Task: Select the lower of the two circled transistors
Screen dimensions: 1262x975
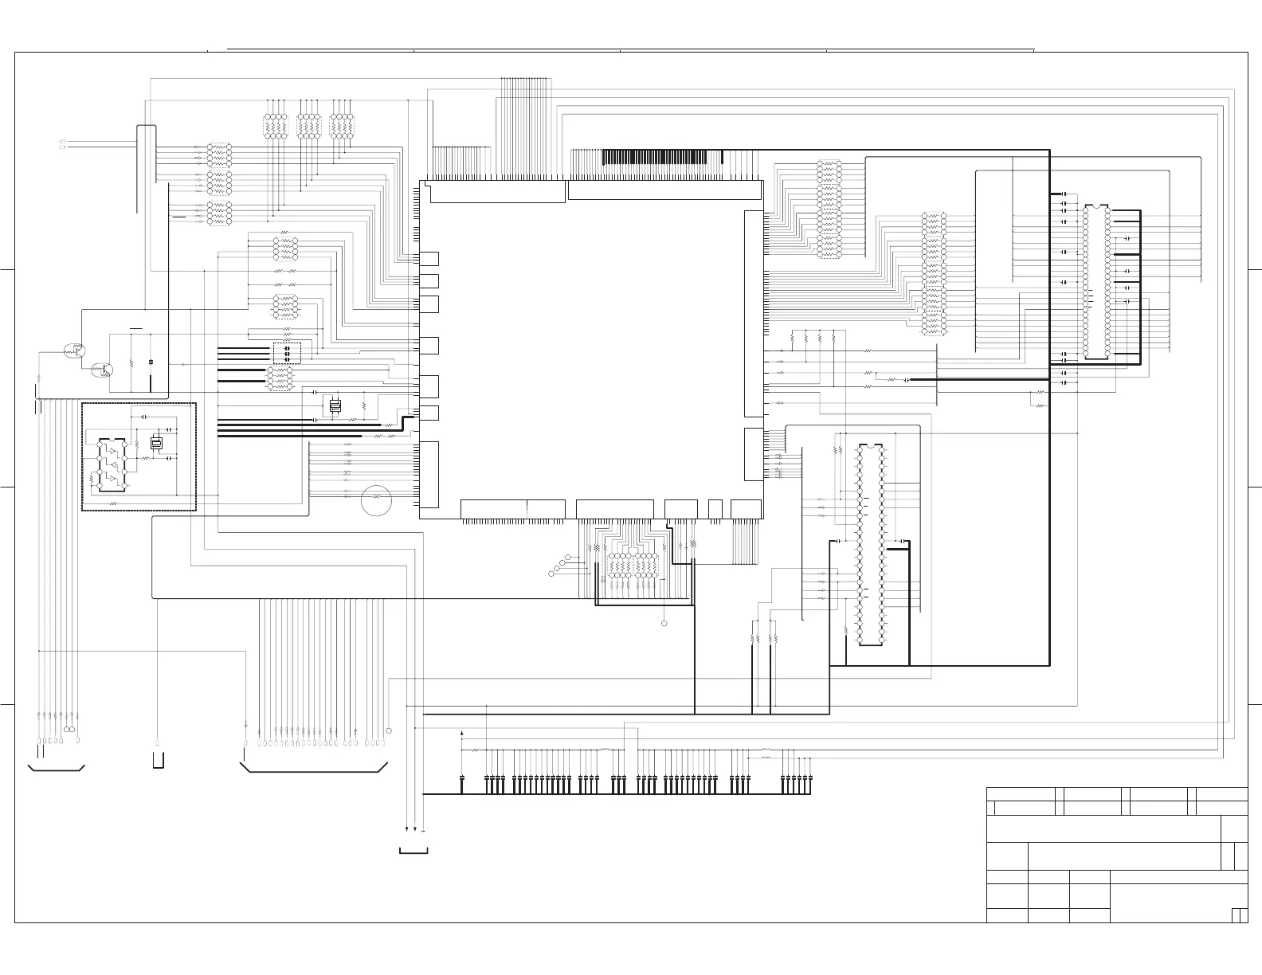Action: (102, 370)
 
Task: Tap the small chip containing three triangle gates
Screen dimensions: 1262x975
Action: (112, 461)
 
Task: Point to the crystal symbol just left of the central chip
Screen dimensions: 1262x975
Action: (335, 405)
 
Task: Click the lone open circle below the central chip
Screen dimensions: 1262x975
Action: (664, 622)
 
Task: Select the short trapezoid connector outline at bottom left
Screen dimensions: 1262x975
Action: (57, 768)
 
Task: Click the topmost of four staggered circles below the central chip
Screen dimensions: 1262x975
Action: (569, 555)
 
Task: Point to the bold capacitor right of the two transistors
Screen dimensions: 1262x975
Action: (151, 363)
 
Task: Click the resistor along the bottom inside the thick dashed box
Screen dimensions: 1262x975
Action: (114, 504)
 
